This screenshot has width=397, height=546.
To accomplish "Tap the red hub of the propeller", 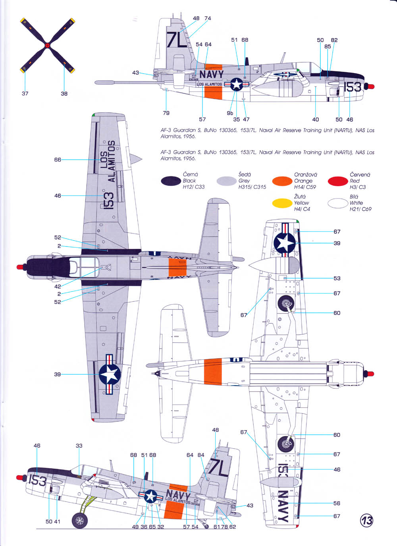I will click(47, 46).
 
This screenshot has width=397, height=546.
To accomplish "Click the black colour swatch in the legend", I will click(171, 181).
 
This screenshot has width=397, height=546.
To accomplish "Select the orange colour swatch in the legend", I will click(282, 181).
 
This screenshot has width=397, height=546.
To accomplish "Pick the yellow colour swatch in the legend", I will click(282, 203).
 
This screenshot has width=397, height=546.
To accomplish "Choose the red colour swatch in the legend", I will click(338, 181).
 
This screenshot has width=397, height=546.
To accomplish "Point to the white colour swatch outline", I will click(338, 203).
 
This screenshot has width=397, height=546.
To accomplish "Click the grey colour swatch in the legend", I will click(226, 181).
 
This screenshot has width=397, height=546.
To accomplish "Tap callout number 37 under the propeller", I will click(25, 94).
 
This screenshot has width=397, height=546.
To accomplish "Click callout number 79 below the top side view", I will click(166, 113).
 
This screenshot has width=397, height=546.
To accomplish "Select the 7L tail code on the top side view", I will click(177, 39).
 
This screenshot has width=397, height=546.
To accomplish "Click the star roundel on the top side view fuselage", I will click(237, 84).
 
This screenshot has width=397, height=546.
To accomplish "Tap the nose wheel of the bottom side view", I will click(80, 520).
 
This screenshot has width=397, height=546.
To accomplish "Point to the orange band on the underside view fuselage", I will click(213, 371).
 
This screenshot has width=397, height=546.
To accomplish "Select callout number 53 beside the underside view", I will click(337, 278).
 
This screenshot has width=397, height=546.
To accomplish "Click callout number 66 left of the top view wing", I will click(58, 160).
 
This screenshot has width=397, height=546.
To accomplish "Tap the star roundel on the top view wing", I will click(110, 374).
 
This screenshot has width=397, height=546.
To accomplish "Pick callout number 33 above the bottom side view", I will click(79, 446).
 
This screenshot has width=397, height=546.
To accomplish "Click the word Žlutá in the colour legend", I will click(300, 197).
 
